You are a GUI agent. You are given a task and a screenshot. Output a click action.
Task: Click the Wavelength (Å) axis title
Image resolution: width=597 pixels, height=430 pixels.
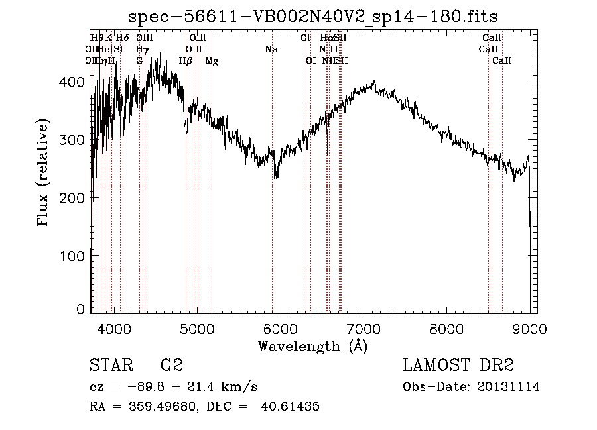pos(312,346)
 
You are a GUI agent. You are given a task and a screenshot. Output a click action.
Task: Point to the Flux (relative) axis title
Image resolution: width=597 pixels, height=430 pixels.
pos(44,174)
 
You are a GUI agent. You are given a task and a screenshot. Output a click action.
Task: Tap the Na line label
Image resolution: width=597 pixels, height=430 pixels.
pos(271,50)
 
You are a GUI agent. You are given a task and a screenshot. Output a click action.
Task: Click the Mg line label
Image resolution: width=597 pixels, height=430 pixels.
pos(212,61)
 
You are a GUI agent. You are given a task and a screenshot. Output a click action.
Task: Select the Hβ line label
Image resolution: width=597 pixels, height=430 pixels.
pos(186,61)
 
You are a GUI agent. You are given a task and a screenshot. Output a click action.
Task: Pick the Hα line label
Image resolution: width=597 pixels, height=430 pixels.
pos(326,38)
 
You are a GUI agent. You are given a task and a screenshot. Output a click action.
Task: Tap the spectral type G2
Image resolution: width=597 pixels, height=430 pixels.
pos(171,366)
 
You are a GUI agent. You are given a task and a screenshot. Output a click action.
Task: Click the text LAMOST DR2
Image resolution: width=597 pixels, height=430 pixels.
pos(458,366)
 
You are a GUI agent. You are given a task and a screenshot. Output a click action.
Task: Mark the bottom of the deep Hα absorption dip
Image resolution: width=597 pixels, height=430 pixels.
pos(327,154)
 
